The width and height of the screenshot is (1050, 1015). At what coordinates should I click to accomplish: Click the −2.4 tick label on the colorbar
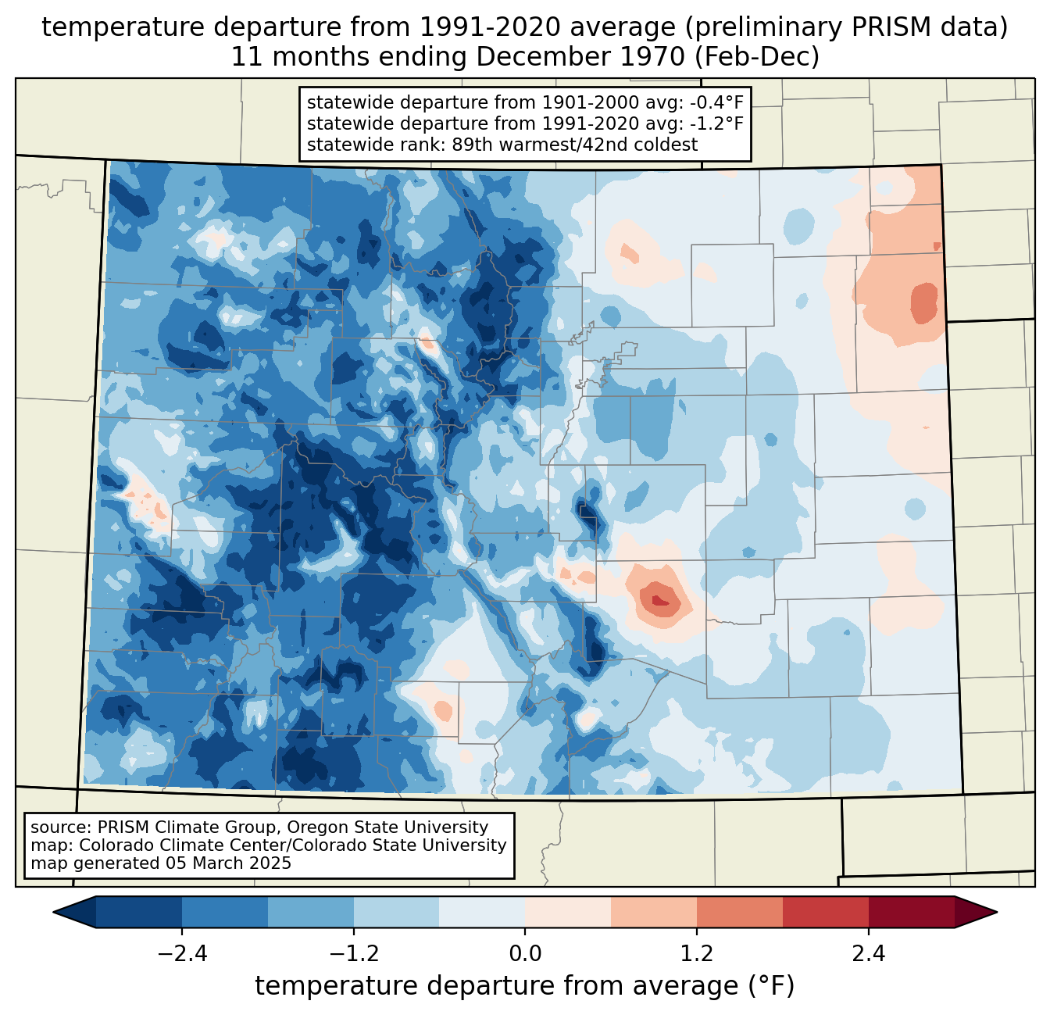click(182, 954)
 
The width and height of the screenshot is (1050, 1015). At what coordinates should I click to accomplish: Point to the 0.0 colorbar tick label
click(525, 954)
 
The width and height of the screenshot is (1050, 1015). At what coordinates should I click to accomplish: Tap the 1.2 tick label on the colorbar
click(697, 954)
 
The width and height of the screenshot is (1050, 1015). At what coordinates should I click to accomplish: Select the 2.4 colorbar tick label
click(869, 954)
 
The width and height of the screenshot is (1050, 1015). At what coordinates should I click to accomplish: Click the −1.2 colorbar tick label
click(353, 954)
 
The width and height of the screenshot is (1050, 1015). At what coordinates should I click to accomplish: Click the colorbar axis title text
click(524, 986)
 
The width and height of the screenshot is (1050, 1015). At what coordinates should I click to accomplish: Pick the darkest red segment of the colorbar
click(912, 913)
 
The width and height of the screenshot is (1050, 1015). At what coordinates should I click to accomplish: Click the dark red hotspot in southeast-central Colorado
click(659, 600)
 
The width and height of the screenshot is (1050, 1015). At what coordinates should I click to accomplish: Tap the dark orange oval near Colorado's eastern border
click(924, 302)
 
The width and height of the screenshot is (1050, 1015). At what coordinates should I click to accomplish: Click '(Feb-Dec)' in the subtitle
click(756, 57)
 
